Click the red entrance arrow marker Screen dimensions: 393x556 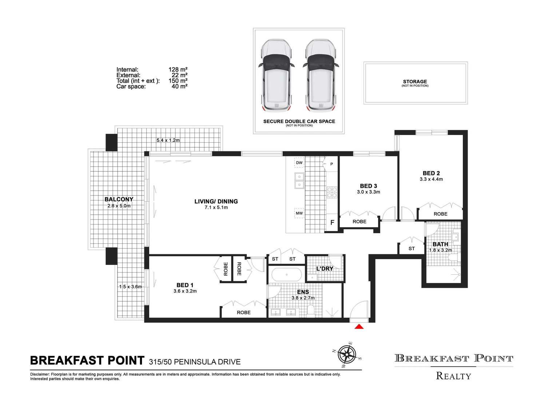tap(359, 327)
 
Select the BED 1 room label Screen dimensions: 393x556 tap(185, 285)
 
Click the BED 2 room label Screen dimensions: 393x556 tap(431, 173)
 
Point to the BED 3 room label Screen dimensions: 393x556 tap(368, 186)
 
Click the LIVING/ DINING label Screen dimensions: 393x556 tap(216, 201)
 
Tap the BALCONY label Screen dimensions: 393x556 tap(119, 199)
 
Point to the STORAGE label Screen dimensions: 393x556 tap(415, 82)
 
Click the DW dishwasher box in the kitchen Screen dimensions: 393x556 tap(299, 163)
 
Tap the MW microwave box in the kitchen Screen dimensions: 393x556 tap(299, 213)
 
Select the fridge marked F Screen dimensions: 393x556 tap(332, 223)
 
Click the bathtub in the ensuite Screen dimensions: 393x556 tap(287, 275)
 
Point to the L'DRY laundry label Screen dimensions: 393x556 tap(325, 269)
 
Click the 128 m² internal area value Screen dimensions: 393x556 tap(178, 70)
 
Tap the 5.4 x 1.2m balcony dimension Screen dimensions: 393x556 tap(168, 140)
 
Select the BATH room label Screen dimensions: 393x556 tap(440, 244)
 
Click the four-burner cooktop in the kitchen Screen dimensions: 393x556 tap(332, 192)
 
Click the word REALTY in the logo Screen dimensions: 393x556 tap(453, 376)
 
